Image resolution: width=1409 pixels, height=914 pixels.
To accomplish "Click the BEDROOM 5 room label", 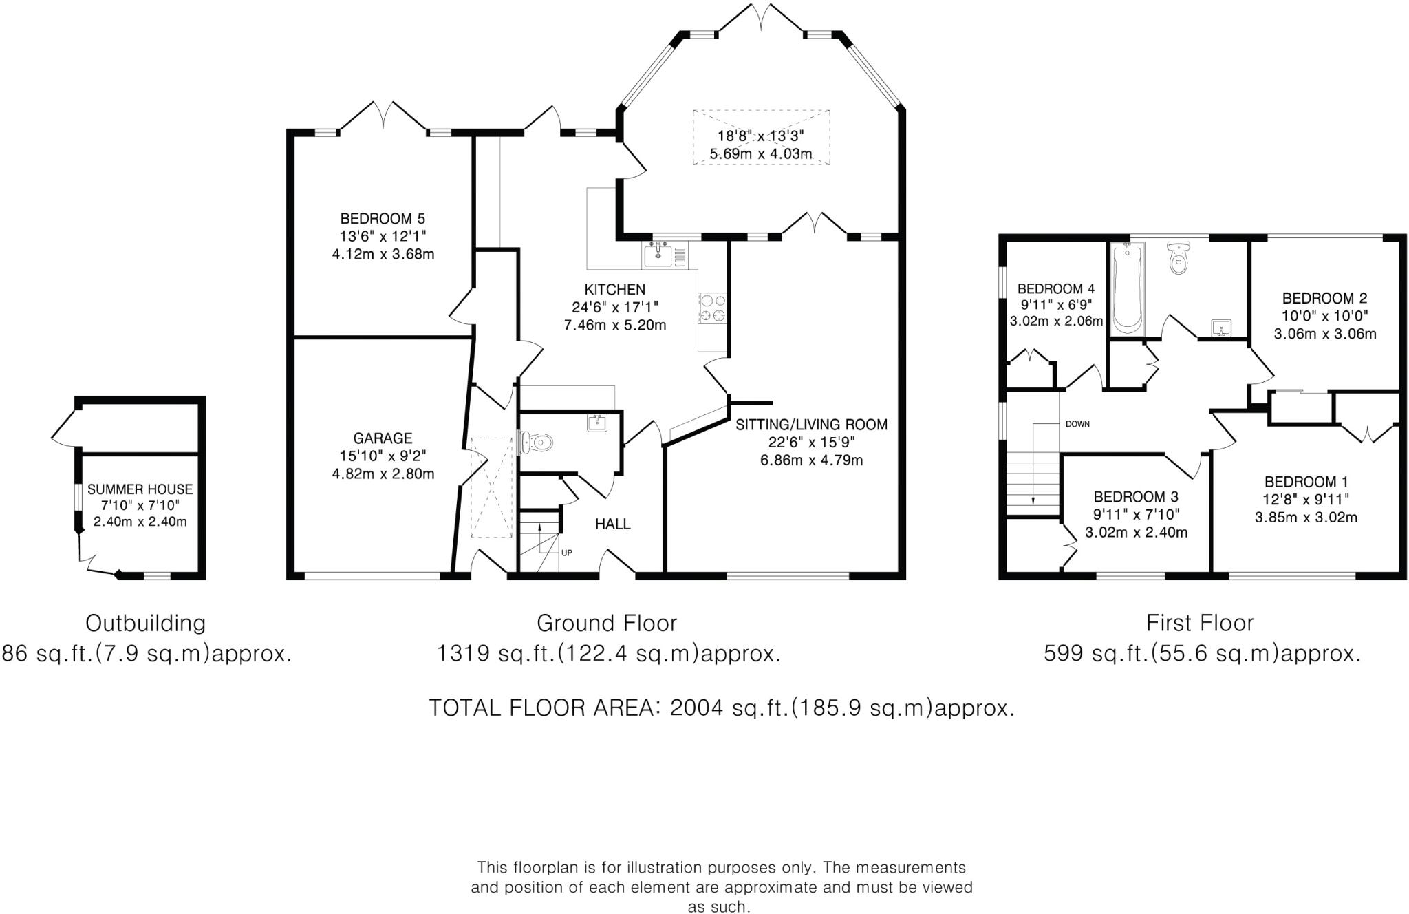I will click(x=383, y=219).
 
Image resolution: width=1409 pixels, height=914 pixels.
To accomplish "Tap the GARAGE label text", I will click(x=383, y=438).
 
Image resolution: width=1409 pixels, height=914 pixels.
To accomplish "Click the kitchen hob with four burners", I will click(x=713, y=307).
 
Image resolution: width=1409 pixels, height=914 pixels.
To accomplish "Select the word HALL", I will click(x=612, y=524).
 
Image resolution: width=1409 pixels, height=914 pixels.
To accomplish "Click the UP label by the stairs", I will click(x=566, y=553).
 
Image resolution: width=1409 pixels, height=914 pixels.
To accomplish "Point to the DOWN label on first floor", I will click(x=1077, y=424).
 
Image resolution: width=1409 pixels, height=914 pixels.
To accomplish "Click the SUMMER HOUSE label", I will click(x=140, y=489).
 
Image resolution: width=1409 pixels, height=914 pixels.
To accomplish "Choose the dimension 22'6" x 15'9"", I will click(x=811, y=443).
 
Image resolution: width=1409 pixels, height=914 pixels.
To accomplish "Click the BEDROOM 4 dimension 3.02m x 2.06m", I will click(x=1056, y=321).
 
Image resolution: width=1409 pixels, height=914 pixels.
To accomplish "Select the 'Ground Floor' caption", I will click(x=607, y=623).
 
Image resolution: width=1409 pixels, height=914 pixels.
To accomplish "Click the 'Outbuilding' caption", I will click(x=145, y=623).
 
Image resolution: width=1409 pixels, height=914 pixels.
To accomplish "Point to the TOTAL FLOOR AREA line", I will click(x=722, y=708).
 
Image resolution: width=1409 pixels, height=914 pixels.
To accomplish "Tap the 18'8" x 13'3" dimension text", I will click(x=760, y=136).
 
